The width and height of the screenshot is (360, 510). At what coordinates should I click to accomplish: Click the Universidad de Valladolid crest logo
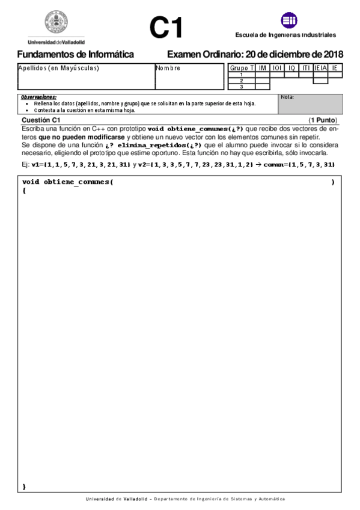(x=56, y=23)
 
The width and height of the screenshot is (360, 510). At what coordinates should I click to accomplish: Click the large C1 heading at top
(x=166, y=28)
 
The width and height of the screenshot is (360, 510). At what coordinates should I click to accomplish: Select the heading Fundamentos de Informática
(x=75, y=54)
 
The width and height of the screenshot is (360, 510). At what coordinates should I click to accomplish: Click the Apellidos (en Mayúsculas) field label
(x=58, y=68)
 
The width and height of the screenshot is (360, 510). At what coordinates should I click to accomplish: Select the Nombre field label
(x=168, y=68)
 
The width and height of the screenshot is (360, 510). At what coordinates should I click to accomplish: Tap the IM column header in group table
(x=263, y=68)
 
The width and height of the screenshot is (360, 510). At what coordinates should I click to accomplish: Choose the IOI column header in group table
(x=278, y=68)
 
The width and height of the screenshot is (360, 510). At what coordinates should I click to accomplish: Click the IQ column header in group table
(x=292, y=68)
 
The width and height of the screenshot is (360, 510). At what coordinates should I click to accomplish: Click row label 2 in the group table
(x=241, y=81)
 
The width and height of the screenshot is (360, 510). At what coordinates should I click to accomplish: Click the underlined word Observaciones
(x=38, y=97)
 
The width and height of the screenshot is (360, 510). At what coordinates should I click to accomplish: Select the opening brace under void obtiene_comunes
(x=24, y=190)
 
